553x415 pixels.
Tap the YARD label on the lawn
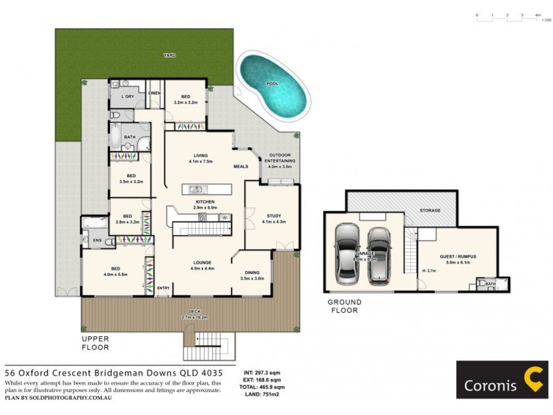169,55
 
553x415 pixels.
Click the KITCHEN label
205,201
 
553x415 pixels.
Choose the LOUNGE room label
202,262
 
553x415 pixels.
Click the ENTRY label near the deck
163,288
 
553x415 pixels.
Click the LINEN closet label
154,93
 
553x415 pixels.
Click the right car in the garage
379,255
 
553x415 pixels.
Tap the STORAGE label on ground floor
431,210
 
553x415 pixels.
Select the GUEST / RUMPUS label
458,257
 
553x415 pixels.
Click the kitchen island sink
197,189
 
